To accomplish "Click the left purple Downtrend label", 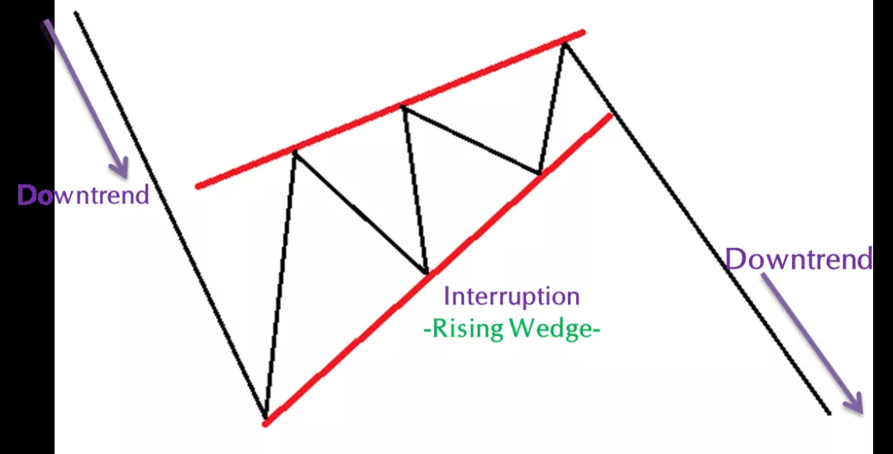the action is pyautogui.click(x=84, y=195).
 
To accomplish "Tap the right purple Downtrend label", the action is pyautogui.click(x=798, y=260).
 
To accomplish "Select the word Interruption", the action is pyautogui.click(x=512, y=296).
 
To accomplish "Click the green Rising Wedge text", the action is pyautogui.click(x=511, y=328).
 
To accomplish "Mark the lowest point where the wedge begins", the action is pyautogui.click(x=265, y=418).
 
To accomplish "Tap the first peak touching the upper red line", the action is pyautogui.click(x=294, y=151).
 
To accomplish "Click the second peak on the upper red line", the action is pyautogui.click(x=404, y=107).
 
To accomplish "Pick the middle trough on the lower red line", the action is pyautogui.click(x=425, y=272).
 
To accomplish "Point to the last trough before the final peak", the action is pyautogui.click(x=539, y=174).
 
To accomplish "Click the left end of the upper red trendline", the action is pyautogui.click(x=198, y=185).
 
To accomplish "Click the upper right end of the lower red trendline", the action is pyautogui.click(x=611, y=114).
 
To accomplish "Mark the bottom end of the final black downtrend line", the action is pyautogui.click(x=828, y=412).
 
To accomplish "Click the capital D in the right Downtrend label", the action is pyautogui.click(x=735, y=260).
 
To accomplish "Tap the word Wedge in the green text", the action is pyautogui.click(x=548, y=328).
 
